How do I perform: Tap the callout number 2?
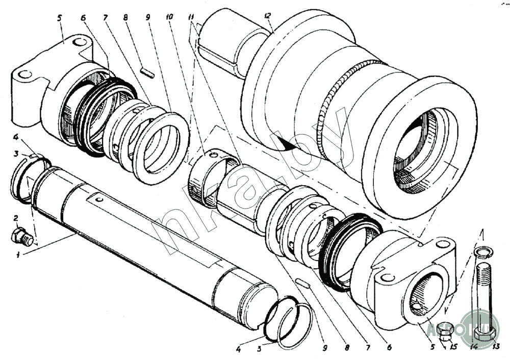point(16,218)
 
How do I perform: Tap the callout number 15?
point(453,348)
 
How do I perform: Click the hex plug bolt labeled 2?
point(22,237)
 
